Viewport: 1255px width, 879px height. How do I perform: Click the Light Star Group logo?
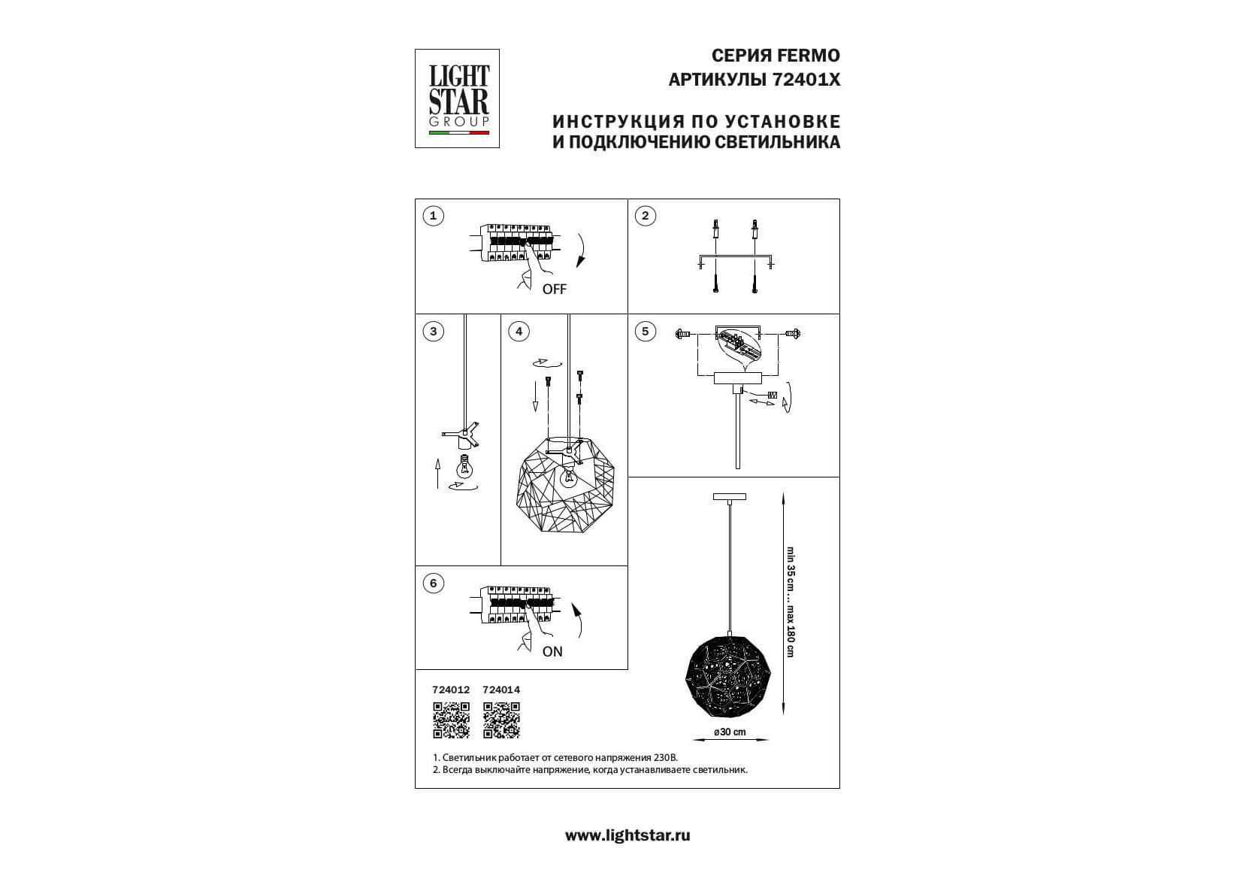tap(457, 99)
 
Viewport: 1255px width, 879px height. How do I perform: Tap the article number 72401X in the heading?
tap(806, 80)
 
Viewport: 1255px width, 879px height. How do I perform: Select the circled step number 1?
tap(433, 216)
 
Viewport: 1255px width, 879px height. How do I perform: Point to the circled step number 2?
tap(646, 216)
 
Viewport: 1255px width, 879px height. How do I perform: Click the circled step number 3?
tap(433, 332)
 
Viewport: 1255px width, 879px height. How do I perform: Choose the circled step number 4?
tap(519, 332)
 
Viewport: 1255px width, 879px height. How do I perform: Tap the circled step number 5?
tap(646, 332)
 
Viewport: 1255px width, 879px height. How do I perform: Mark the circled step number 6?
tap(433, 583)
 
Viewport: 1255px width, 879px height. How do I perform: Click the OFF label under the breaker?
tap(554, 289)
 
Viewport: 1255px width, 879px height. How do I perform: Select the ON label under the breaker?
tap(552, 651)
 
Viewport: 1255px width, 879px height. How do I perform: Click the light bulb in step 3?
tap(464, 465)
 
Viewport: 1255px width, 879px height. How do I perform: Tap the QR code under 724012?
tap(451, 720)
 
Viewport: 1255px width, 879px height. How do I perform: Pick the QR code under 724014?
tap(501, 720)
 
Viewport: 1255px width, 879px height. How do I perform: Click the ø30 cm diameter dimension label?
tap(730, 732)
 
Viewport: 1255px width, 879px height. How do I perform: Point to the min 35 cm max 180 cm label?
tap(791, 602)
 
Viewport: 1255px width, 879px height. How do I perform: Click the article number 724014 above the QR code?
tap(501, 690)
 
